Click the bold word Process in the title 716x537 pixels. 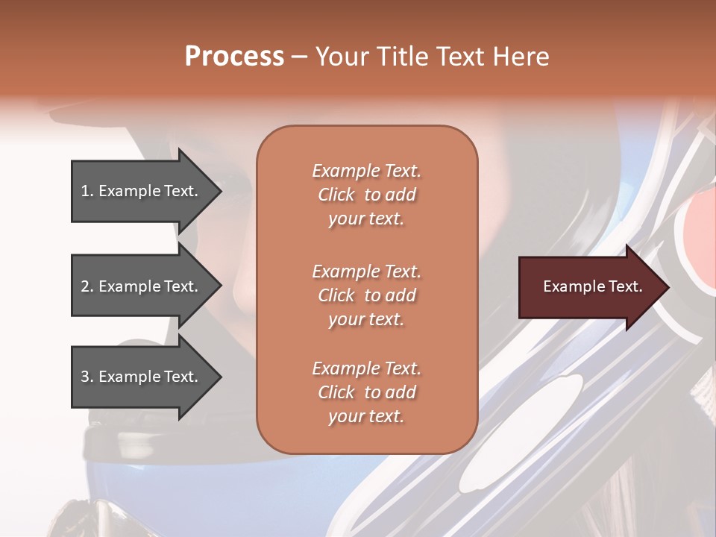(234, 56)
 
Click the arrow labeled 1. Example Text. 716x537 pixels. (139, 191)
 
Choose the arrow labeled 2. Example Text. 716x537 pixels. (139, 286)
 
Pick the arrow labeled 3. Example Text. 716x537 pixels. (139, 377)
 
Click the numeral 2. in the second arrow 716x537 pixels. (87, 286)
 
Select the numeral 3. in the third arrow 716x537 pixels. (87, 377)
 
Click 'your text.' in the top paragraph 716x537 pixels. (366, 219)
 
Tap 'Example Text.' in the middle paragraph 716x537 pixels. (366, 271)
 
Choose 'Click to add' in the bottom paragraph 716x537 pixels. (366, 392)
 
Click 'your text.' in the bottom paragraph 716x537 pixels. (366, 417)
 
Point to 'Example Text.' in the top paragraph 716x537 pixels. (366, 172)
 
